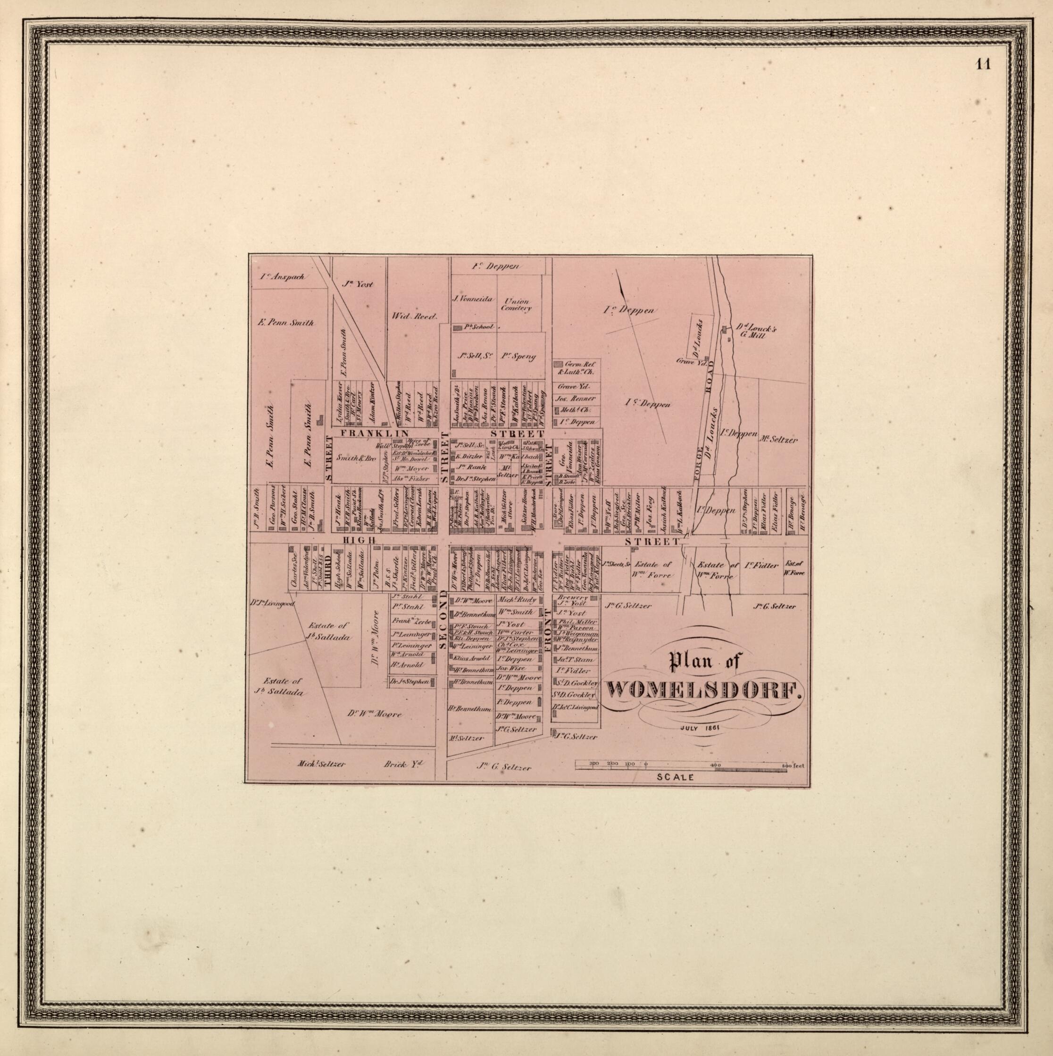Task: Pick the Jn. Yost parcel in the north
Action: (x=357, y=283)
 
